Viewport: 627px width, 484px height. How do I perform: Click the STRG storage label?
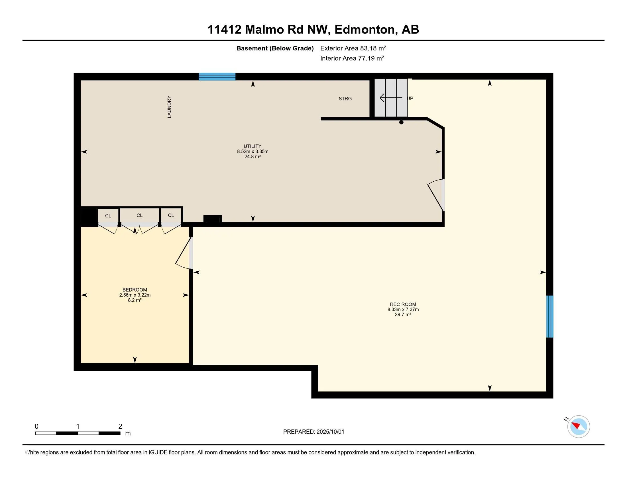pyautogui.click(x=345, y=99)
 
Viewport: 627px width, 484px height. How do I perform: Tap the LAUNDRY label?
pyautogui.click(x=169, y=107)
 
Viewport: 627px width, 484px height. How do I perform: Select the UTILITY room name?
pyautogui.click(x=253, y=146)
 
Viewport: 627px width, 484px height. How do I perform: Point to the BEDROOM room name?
pyautogui.click(x=135, y=290)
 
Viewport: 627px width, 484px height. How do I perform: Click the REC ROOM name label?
pyautogui.click(x=403, y=304)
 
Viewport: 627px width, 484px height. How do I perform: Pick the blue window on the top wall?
pyautogui.click(x=217, y=77)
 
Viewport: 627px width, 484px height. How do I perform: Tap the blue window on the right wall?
pyautogui.click(x=549, y=317)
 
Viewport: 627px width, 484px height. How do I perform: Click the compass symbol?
pyautogui.click(x=578, y=426)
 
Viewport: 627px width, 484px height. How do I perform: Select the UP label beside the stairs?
pyautogui.click(x=410, y=98)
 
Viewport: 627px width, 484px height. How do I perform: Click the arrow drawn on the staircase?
pyautogui.click(x=391, y=98)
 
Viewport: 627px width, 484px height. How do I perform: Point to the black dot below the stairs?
pyautogui.click(x=401, y=122)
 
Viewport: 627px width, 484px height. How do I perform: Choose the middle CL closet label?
pyautogui.click(x=140, y=215)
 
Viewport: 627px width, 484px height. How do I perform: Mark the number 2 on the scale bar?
pyautogui.click(x=120, y=426)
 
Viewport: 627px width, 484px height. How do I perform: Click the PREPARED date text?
pyautogui.click(x=313, y=432)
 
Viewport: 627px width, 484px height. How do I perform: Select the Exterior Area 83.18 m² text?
pyautogui.click(x=353, y=48)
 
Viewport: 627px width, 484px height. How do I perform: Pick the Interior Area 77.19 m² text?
pyautogui.click(x=352, y=58)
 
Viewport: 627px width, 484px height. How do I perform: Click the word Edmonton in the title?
pyautogui.click(x=365, y=30)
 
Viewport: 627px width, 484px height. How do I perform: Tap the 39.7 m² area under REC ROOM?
pyautogui.click(x=403, y=315)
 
